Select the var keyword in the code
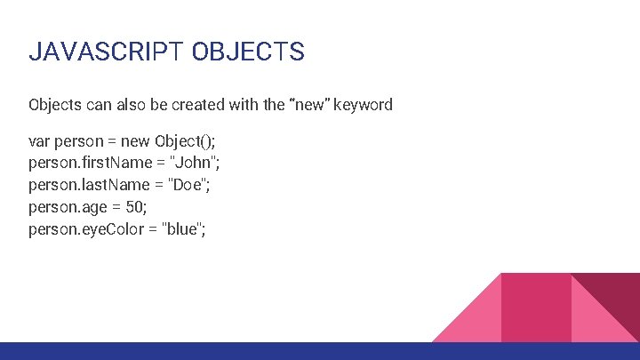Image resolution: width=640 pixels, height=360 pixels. (39, 141)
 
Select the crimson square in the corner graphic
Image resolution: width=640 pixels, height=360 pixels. (535, 307)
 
